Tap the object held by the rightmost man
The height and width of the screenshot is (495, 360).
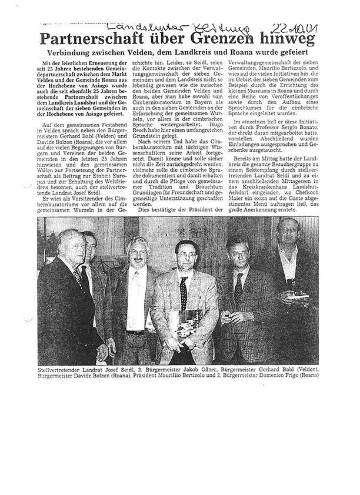click(299, 293)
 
